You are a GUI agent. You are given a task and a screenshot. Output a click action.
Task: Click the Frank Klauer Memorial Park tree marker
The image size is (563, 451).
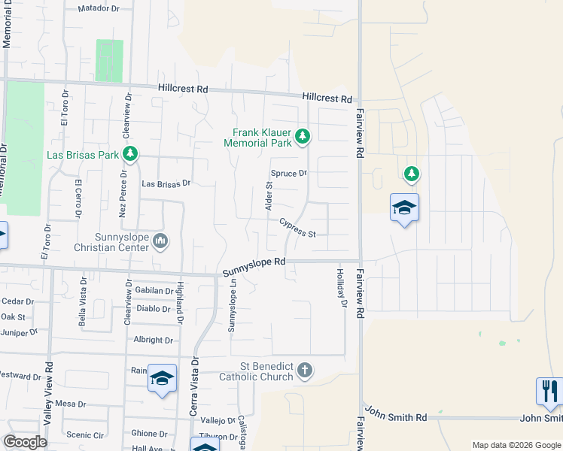click(302, 136)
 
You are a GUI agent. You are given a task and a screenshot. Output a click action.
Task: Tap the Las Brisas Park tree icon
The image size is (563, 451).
click(131, 154)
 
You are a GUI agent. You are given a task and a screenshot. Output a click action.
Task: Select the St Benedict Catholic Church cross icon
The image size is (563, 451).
click(304, 370)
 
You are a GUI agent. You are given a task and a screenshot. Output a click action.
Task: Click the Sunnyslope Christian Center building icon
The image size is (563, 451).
click(160, 241)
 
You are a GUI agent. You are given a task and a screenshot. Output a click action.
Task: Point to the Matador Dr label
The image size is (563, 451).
click(100, 10)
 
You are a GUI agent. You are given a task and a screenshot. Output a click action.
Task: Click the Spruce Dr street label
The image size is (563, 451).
click(289, 173)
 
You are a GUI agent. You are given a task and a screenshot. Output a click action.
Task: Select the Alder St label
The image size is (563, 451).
click(267, 195)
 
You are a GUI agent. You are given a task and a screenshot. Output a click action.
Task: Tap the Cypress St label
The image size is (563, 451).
click(297, 228)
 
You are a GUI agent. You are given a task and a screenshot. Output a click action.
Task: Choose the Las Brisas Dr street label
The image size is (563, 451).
click(167, 183)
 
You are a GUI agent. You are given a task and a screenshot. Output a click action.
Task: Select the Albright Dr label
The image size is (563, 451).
click(153, 341)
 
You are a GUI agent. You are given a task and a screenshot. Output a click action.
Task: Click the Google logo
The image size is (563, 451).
click(25, 441)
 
